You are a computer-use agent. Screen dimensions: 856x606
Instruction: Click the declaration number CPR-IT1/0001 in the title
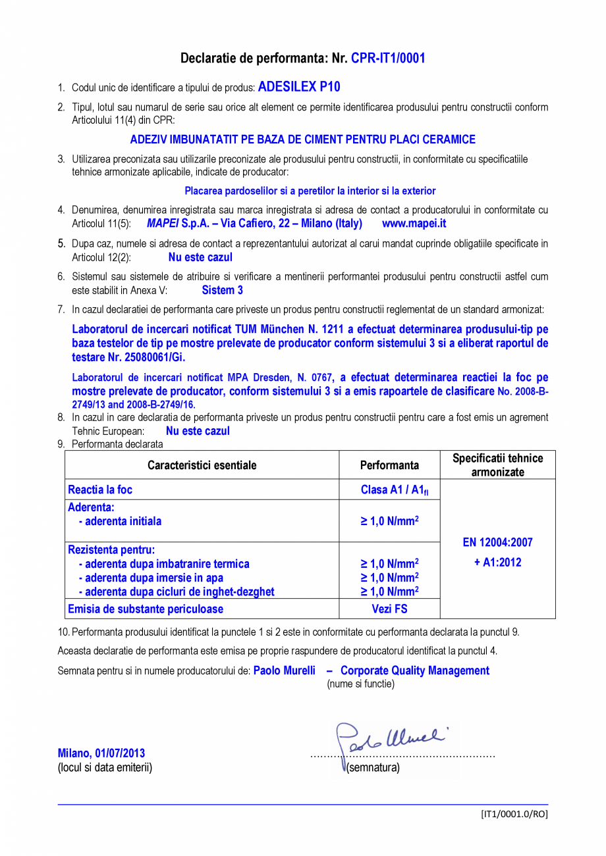[x=387, y=58]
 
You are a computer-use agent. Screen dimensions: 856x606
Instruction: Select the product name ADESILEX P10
[x=299, y=87]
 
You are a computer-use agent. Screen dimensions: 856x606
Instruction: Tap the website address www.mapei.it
[x=414, y=224]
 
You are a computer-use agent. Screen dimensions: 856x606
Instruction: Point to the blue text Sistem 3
[x=222, y=290]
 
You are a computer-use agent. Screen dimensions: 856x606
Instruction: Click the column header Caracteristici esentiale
[x=202, y=466]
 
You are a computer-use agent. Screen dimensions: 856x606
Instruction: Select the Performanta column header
[x=389, y=466]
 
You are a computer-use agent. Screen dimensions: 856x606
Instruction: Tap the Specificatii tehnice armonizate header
[x=497, y=465]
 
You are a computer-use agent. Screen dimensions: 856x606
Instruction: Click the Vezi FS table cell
[x=389, y=609]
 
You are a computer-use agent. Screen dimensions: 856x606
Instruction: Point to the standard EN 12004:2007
[x=497, y=543]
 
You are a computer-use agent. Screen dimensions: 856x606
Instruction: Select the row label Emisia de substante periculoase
[x=146, y=609]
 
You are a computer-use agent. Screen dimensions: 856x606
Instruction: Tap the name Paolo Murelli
[x=284, y=670]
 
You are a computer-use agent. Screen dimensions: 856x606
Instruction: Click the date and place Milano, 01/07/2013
[x=101, y=753]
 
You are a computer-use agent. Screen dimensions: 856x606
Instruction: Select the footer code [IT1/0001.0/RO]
[x=514, y=814]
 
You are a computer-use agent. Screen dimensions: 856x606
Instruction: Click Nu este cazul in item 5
[x=200, y=257]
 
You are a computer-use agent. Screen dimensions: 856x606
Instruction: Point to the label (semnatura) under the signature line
[x=373, y=768]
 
